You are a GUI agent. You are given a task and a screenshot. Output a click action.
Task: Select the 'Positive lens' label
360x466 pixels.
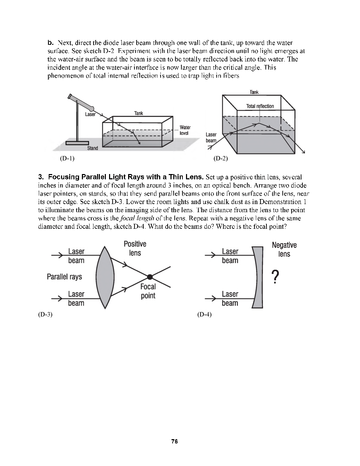[135, 249]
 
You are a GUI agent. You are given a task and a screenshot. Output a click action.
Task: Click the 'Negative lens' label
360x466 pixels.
[284, 250]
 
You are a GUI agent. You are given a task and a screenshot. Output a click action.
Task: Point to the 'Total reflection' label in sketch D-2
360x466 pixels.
[260, 106]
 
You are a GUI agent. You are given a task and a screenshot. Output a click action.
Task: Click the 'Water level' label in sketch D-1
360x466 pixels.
[185, 130]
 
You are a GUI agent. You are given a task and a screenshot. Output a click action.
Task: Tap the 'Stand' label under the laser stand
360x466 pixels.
[92, 148]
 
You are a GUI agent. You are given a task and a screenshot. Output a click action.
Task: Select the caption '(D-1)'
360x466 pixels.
[67, 159]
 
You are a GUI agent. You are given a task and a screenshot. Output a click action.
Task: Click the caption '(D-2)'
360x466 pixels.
[221, 159]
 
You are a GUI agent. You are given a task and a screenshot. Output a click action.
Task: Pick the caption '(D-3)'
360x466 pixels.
[45, 314]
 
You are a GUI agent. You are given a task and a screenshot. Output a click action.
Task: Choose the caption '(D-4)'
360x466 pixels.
[204, 314]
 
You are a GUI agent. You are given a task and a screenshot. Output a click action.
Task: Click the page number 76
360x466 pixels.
[174, 441]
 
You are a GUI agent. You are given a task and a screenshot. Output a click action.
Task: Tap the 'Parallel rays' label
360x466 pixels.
[64, 277]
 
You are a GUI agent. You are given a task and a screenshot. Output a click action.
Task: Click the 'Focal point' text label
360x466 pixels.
[148, 291]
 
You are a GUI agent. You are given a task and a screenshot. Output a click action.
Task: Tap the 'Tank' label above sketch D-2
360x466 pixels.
[254, 92]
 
